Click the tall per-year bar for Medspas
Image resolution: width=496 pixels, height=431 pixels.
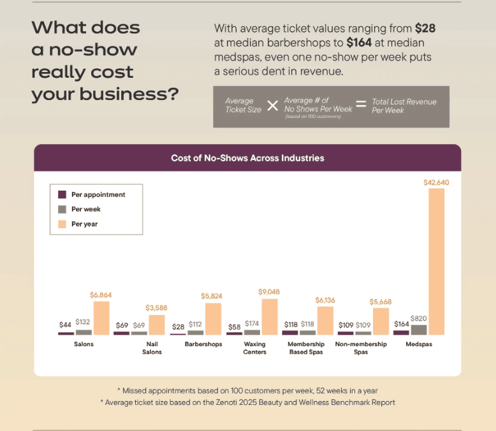click(x=436, y=261)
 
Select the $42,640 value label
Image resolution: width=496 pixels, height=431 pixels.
click(x=436, y=182)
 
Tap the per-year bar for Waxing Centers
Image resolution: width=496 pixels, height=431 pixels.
click(x=269, y=317)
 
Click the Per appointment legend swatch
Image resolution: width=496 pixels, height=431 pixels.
click(x=62, y=194)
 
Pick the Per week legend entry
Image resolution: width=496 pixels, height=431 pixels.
click(x=85, y=209)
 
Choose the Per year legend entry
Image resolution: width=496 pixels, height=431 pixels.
click(x=84, y=224)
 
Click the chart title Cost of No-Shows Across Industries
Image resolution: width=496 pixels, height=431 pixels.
click(x=247, y=158)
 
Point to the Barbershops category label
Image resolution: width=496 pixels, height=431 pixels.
click(x=203, y=344)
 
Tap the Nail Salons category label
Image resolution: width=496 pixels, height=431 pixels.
click(x=152, y=348)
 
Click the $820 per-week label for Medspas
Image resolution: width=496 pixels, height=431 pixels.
click(x=418, y=318)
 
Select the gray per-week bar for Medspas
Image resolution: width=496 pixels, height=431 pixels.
click(x=418, y=330)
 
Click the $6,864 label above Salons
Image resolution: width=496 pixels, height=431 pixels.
click(x=101, y=295)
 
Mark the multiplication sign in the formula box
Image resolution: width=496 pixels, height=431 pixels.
click(x=272, y=106)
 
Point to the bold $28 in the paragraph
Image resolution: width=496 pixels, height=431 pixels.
click(x=425, y=28)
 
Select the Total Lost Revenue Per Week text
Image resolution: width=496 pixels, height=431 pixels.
click(x=404, y=106)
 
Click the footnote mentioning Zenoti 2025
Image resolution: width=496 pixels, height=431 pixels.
click(x=247, y=402)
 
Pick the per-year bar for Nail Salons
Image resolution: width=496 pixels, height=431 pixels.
click(x=157, y=325)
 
